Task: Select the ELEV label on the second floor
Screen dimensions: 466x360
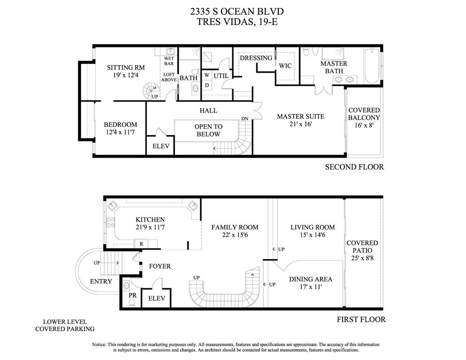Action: (161, 146)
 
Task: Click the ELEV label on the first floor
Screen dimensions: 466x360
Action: (157, 298)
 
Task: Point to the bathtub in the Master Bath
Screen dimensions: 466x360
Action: (372, 66)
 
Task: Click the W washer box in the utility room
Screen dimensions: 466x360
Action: (206, 76)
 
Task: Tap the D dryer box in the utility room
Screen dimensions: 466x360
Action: (206, 85)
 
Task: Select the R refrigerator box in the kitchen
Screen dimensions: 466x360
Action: (141, 244)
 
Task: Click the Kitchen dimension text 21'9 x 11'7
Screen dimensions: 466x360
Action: (150, 228)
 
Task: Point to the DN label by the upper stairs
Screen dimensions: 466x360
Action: (244, 119)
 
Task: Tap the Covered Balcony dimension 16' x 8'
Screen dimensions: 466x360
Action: (364, 125)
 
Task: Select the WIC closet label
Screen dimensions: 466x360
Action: (285, 66)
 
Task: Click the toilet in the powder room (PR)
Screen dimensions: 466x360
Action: (131, 303)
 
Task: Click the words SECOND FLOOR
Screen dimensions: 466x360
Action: (354, 167)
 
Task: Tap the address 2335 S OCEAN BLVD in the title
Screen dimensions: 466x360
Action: (237, 12)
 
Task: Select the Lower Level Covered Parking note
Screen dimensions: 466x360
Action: (65, 325)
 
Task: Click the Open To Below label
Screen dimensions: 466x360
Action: (208, 130)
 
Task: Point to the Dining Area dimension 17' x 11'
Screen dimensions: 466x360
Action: (311, 287)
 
